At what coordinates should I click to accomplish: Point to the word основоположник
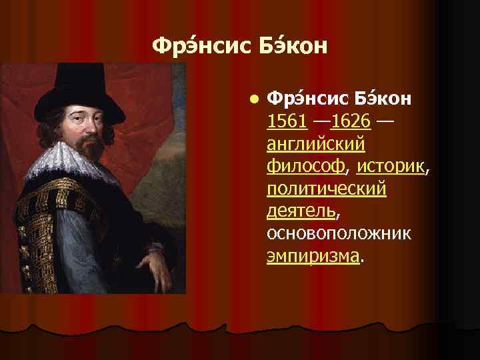pyautogui.click(x=339, y=234)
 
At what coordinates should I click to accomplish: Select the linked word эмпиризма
pyautogui.click(x=312, y=256)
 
